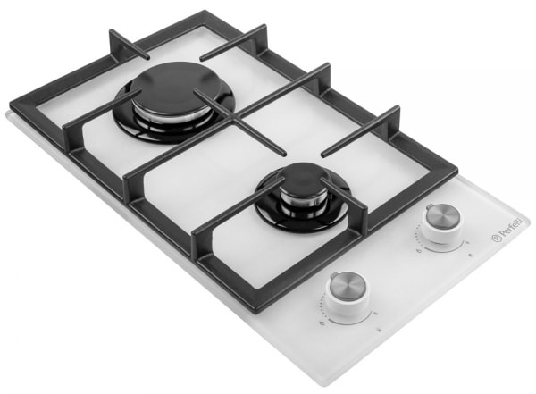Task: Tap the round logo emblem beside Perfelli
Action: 495,239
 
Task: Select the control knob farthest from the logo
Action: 348,289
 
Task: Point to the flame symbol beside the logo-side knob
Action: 419,252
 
